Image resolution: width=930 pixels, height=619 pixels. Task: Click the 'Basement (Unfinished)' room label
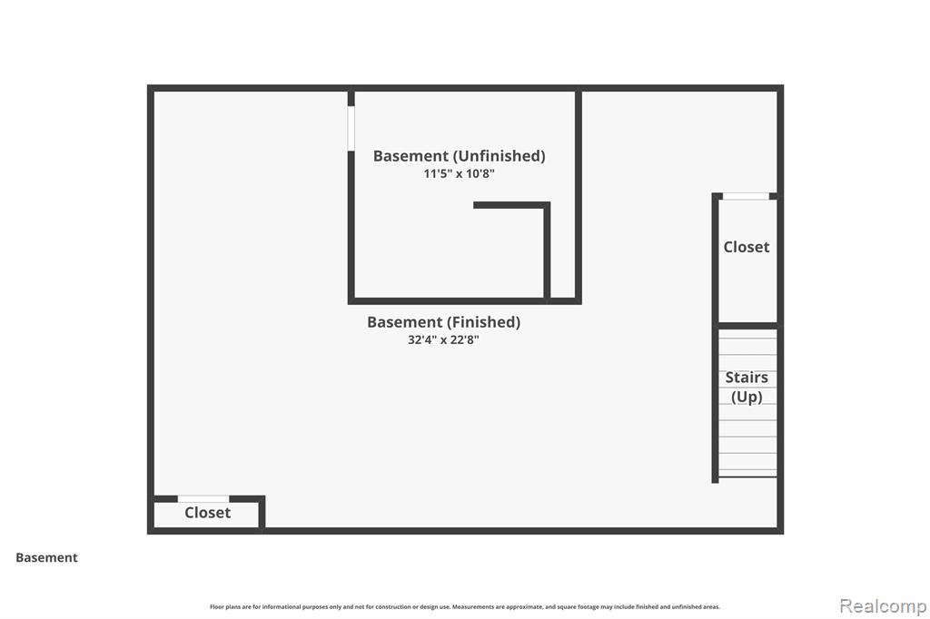pos(459,156)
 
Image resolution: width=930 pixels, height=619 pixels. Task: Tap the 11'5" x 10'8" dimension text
pos(459,173)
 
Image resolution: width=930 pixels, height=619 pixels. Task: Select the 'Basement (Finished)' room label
pos(443,322)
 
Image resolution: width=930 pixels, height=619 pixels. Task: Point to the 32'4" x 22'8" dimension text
pos(443,339)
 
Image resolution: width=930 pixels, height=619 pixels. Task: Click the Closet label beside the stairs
pos(747,247)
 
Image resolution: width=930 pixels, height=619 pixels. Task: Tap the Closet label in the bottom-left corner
pos(208,512)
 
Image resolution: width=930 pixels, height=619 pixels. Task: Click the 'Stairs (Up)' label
pos(747,387)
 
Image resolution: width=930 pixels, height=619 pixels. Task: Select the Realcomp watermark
pos(883,606)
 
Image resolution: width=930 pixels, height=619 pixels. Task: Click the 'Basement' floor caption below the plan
pos(47,557)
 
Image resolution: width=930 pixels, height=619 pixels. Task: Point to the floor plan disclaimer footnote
pos(465,606)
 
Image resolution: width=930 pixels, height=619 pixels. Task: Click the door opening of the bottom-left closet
pos(203,498)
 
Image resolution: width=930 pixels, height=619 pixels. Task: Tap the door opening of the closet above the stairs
pos(746,196)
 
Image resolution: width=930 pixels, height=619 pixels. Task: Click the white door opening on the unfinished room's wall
pos(351,129)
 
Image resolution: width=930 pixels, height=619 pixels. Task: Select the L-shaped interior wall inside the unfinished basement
pos(547,205)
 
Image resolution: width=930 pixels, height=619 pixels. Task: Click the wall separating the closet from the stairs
pos(747,326)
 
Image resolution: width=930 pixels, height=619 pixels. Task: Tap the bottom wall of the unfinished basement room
pos(464,301)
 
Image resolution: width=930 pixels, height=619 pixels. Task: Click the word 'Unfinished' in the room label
pos(500,156)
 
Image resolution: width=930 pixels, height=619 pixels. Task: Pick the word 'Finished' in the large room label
pos(483,322)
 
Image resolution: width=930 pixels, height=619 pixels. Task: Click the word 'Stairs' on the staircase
pos(747,377)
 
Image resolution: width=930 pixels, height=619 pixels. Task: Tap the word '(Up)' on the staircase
pos(747,397)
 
